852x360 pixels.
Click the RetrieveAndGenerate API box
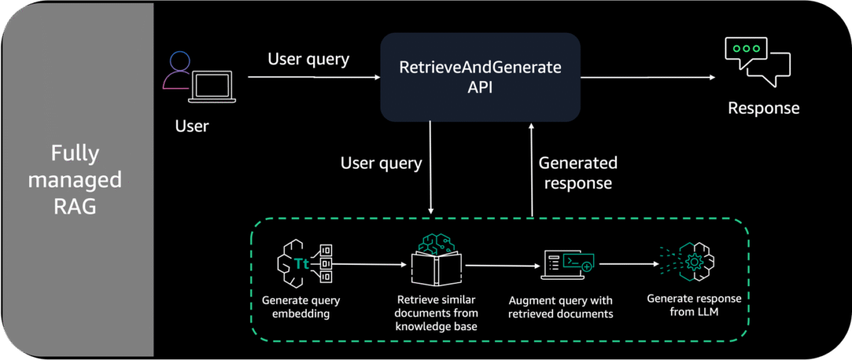(x=480, y=77)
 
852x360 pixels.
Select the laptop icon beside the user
(x=212, y=87)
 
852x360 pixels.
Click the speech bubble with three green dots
(x=745, y=53)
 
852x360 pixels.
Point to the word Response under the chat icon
(x=763, y=108)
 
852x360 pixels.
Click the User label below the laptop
(x=192, y=126)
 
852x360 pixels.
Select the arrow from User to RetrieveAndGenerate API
(x=314, y=77)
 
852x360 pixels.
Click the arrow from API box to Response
(x=648, y=77)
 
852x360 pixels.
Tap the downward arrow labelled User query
(x=430, y=168)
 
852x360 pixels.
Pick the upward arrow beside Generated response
(x=532, y=170)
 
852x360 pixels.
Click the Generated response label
(x=578, y=173)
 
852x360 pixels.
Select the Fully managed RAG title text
(x=75, y=180)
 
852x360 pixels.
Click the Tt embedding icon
(x=305, y=263)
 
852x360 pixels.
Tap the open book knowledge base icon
(x=437, y=261)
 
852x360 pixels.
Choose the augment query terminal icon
(x=567, y=265)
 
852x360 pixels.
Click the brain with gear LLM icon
(x=688, y=262)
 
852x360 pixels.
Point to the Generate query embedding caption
(x=301, y=307)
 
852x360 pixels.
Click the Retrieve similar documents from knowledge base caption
(x=436, y=313)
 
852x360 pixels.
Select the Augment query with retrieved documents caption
(x=561, y=307)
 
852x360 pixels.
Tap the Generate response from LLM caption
(x=694, y=305)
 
